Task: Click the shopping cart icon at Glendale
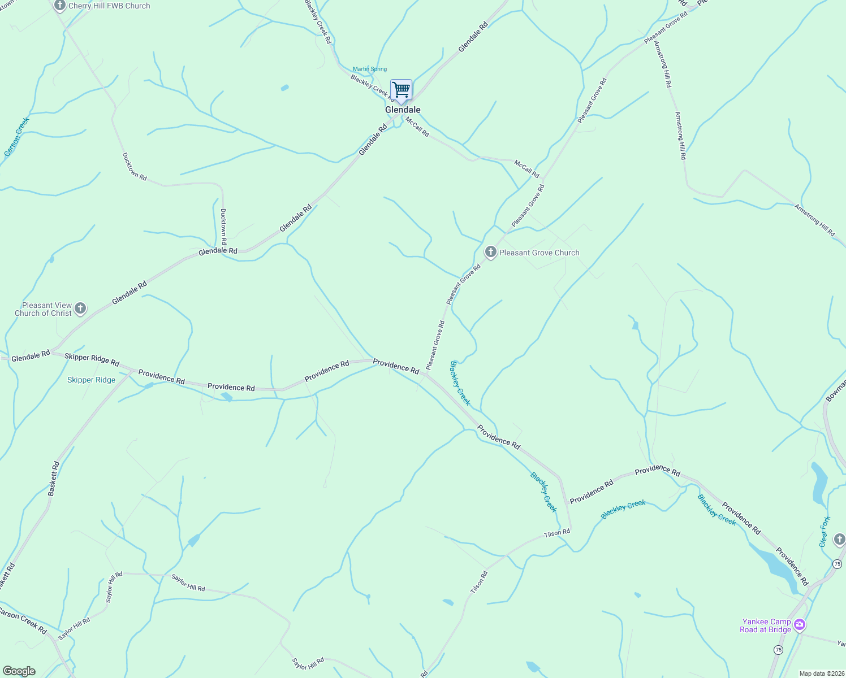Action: (x=401, y=90)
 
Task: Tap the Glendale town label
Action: (x=403, y=110)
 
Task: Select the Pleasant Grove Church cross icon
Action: (x=490, y=252)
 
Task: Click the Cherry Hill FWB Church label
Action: (x=109, y=6)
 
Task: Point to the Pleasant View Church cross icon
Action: (x=80, y=308)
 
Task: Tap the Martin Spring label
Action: (x=370, y=69)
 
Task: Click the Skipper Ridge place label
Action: (x=91, y=380)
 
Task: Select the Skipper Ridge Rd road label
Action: (x=92, y=359)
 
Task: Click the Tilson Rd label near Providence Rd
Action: (x=557, y=533)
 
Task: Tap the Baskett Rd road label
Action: (x=54, y=479)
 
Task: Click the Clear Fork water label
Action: (x=825, y=531)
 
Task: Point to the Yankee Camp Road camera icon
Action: (x=800, y=625)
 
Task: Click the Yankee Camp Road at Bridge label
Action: (x=766, y=625)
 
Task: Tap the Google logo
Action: (x=19, y=671)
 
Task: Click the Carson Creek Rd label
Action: (x=23, y=620)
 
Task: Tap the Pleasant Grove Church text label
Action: (x=539, y=253)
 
